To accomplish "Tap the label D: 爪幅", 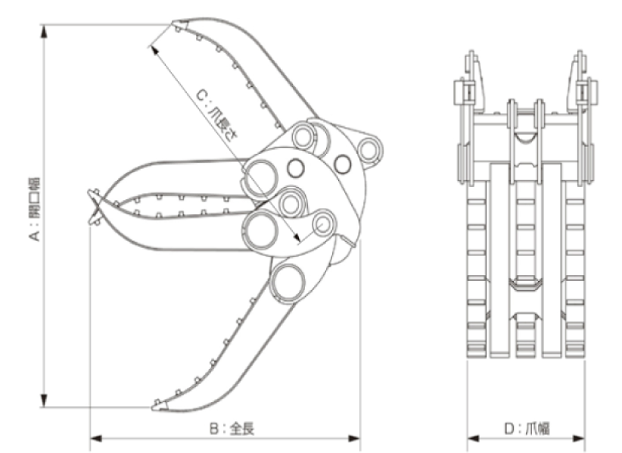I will tap(526, 429).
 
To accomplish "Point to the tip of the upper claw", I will tap(175, 27).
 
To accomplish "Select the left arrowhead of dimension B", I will tap(95, 437).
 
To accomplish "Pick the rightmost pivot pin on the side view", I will tap(369, 149).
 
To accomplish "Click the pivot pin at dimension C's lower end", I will tap(324, 223).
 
